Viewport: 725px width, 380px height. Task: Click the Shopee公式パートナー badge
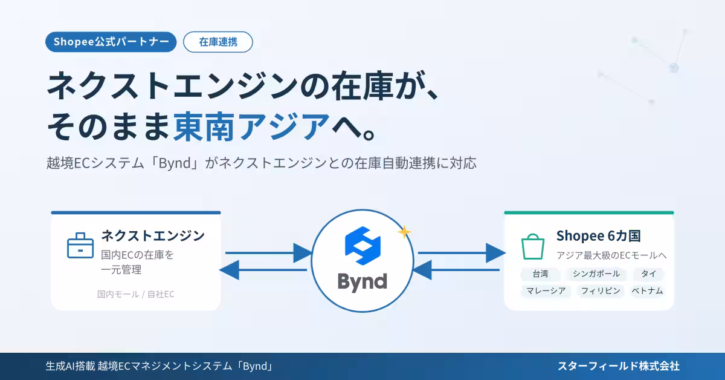tap(111, 42)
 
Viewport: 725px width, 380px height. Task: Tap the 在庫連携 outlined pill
tap(218, 42)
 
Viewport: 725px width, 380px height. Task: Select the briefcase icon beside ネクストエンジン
tap(80, 246)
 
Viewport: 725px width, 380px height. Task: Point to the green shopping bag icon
tap(533, 246)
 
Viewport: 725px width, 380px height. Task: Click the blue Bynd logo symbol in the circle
tap(362, 246)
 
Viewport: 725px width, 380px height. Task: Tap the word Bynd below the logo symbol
tap(362, 282)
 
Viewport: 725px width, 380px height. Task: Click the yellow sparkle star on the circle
tap(404, 232)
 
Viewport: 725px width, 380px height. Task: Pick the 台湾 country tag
tap(540, 274)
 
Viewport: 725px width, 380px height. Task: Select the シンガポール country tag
tap(596, 274)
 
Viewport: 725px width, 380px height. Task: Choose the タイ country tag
tap(649, 274)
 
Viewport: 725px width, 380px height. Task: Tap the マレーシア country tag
tap(546, 291)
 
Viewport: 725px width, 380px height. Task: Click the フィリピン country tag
tap(601, 291)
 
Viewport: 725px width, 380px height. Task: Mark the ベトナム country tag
tap(647, 291)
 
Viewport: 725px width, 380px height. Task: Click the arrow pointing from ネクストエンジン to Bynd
tap(269, 253)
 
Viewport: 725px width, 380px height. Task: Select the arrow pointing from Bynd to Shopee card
tap(462, 253)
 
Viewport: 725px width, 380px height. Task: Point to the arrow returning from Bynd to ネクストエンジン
tap(263, 270)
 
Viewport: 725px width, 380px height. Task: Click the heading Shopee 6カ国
tap(599, 236)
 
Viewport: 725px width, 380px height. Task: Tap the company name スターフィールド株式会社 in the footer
tap(619, 366)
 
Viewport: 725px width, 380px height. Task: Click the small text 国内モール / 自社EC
tap(135, 294)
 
